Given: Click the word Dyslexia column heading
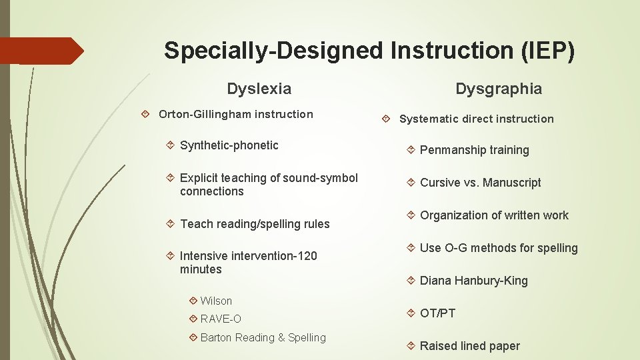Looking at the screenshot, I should pos(259,89).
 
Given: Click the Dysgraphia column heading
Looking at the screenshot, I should pos(499,89).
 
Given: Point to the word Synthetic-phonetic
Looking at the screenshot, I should pos(229,145).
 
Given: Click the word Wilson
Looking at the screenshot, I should pos(216,301).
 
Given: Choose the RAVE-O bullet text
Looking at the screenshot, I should pos(221,319).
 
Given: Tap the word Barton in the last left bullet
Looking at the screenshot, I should pos(216,337).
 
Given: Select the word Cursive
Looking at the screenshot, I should pos(440,183).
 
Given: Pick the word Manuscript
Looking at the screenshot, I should pos(511,183).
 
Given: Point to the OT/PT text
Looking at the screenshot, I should pos(437,313).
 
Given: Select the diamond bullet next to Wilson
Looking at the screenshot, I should pos(193,301).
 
